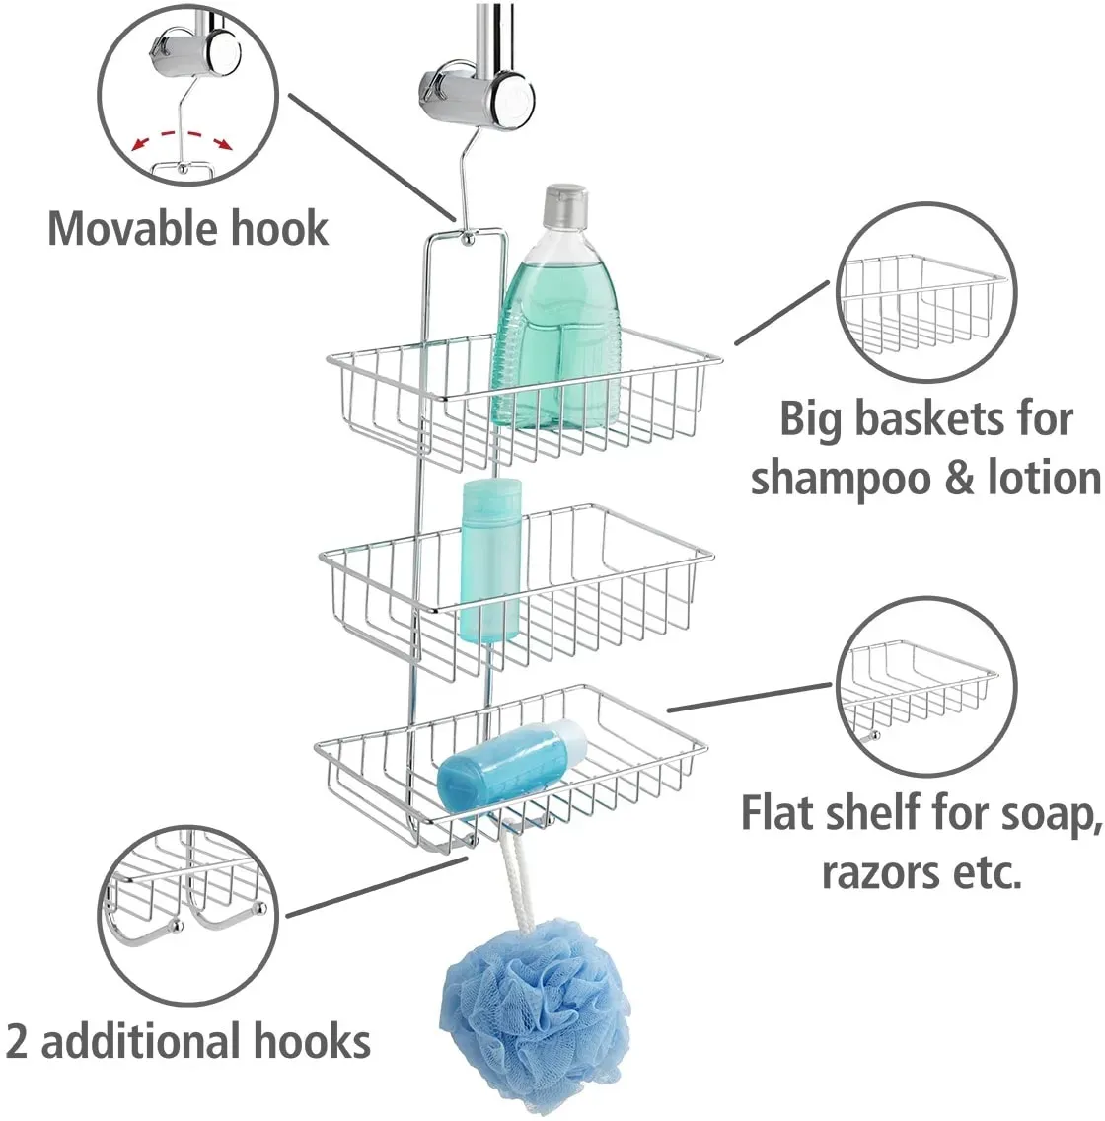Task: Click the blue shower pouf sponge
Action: click(x=536, y=1015)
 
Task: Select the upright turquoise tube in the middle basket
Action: click(x=491, y=560)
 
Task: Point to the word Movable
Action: click(x=118, y=229)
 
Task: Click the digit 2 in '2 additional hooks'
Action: click(x=17, y=1041)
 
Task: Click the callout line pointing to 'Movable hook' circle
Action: click(x=372, y=157)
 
